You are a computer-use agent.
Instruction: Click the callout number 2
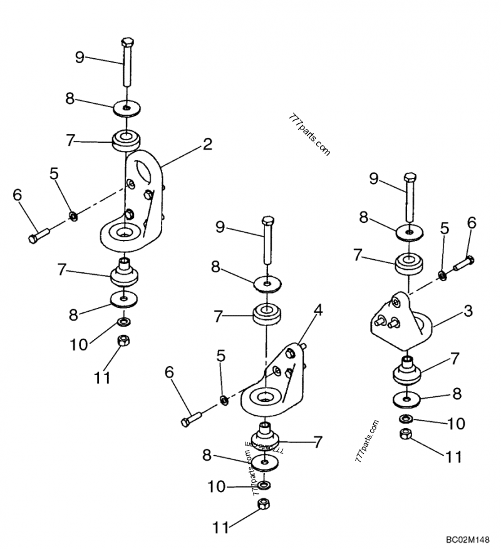(207, 145)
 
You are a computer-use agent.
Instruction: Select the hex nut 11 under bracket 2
(124, 341)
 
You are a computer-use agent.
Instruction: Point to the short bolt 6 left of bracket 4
(191, 419)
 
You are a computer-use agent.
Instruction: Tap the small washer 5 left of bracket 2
(73, 216)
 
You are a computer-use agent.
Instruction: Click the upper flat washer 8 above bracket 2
(127, 108)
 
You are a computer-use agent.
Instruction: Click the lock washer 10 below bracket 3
(406, 419)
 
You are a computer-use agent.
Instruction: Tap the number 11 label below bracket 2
(102, 377)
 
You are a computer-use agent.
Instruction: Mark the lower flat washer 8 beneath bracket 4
(267, 464)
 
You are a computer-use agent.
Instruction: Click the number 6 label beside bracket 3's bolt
(472, 222)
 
